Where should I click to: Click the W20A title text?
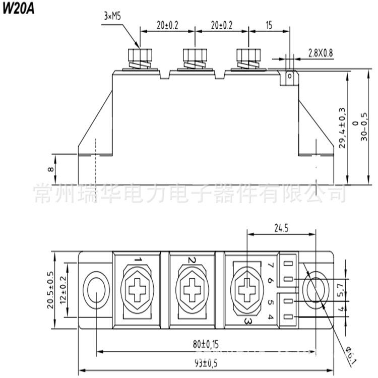pos(19,10)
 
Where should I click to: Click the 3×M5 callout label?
pos(112,16)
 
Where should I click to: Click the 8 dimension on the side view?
pos(49,169)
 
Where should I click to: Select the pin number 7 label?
pos(271,264)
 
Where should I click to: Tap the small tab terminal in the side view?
pos(289,77)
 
